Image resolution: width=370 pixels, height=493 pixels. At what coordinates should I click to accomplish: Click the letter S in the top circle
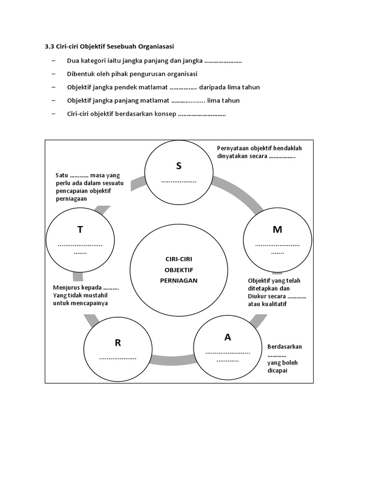click(x=179, y=166)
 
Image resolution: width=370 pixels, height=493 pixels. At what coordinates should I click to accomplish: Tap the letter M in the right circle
click(x=277, y=230)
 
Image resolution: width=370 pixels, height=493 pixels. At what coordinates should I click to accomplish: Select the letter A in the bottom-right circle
click(x=228, y=337)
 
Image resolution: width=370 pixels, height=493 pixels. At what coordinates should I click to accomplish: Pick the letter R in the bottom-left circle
click(x=118, y=343)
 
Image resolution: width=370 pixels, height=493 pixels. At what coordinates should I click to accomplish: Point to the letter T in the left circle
click(x=80, y=230)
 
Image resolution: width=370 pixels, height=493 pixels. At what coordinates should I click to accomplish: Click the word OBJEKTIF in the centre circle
click(x=178, y=270)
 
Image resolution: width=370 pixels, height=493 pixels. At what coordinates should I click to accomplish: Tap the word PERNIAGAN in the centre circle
click(x=178, y=280)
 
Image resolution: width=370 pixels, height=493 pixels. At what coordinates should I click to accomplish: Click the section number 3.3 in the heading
click(x=50, y=47)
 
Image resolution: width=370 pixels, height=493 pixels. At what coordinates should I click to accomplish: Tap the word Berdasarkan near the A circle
click(x=285, y=347)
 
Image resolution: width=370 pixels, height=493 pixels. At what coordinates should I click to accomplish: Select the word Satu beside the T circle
click(x=62, y=175)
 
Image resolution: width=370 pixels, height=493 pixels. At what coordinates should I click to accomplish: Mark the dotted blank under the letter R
click(x=118, y=358)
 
